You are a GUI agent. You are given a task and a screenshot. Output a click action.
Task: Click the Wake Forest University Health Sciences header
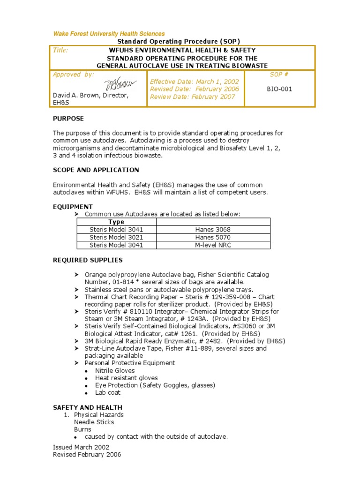point(109,34)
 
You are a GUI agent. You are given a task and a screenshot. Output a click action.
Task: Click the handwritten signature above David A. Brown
point(120,84)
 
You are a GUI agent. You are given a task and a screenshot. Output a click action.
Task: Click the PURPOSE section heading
point(68,119)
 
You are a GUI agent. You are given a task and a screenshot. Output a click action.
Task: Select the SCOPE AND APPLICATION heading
point(96,170)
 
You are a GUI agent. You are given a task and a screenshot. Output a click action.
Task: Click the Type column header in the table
point(116,222)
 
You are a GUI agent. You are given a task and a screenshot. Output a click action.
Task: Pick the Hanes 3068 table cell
point(213,230)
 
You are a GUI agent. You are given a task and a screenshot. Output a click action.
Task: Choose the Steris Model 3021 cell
point(116,237)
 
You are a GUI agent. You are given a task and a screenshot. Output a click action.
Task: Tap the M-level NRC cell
point(213,245)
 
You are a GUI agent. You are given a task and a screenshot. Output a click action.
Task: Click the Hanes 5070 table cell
point(213,237)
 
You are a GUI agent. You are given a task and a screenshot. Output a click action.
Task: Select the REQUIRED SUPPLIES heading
point(88,260)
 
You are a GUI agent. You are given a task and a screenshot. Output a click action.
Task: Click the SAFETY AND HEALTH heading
point(88,407)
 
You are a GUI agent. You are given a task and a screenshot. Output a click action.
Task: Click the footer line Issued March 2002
point(81,447)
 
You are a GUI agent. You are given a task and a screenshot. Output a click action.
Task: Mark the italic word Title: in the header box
point(60,50)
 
